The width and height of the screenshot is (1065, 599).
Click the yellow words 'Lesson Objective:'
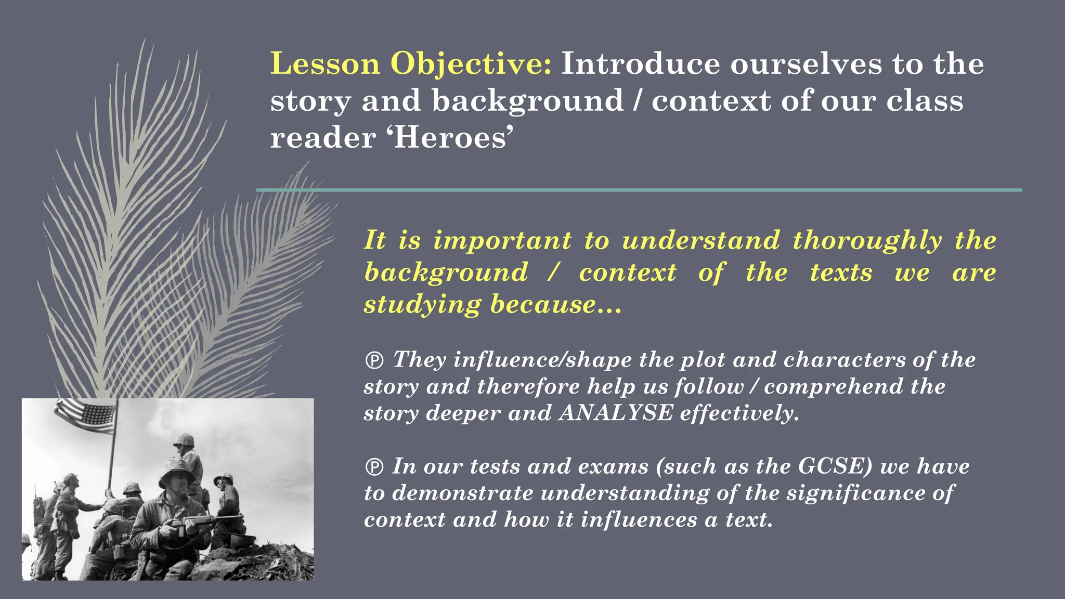411,64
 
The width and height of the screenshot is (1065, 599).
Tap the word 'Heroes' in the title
450,138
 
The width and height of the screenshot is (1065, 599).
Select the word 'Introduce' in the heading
641,64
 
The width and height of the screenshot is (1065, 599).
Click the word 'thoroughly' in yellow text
867,241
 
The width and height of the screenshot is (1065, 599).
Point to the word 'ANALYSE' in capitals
616,413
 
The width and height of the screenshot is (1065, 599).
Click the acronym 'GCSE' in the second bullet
835,466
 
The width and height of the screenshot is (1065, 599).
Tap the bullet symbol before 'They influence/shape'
374,360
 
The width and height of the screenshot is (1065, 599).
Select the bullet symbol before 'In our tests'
374,467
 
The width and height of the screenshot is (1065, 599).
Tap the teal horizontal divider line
639,190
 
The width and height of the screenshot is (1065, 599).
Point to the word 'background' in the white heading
527,101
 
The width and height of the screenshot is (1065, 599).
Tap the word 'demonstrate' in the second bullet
462,493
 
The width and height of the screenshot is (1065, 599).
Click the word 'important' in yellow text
502,241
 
